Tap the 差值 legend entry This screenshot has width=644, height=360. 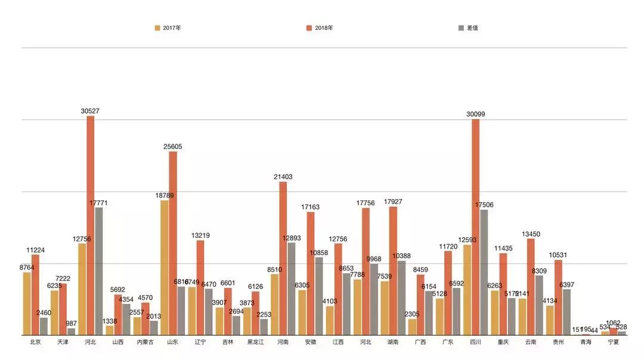tap(468, 27)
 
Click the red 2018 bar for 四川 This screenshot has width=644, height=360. tap(476, 227)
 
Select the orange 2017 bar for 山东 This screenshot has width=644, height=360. tap(165, 268)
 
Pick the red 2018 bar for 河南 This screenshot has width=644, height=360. tap(283, 258)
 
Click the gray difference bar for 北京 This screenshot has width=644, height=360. tap(44, 326)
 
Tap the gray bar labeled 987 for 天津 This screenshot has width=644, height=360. tap(72, 331)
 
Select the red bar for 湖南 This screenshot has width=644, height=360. tap(394, 271)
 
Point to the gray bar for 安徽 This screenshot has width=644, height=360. tap(319, 296)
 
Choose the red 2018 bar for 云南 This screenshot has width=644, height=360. tap(531, 287)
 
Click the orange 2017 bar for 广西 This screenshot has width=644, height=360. tap(412, 327)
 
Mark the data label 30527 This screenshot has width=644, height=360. tap(91, 111)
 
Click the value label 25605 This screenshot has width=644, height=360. tap(173, 147)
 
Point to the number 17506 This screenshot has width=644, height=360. tap(484, 204)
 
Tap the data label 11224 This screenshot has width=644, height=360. tap(35, 250)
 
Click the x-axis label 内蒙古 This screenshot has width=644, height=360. tap(145, 343)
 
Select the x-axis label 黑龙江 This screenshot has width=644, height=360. tap(256, 343)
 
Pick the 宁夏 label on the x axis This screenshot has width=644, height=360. tap(614, 343)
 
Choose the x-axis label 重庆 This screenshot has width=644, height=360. tap(503, 343)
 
